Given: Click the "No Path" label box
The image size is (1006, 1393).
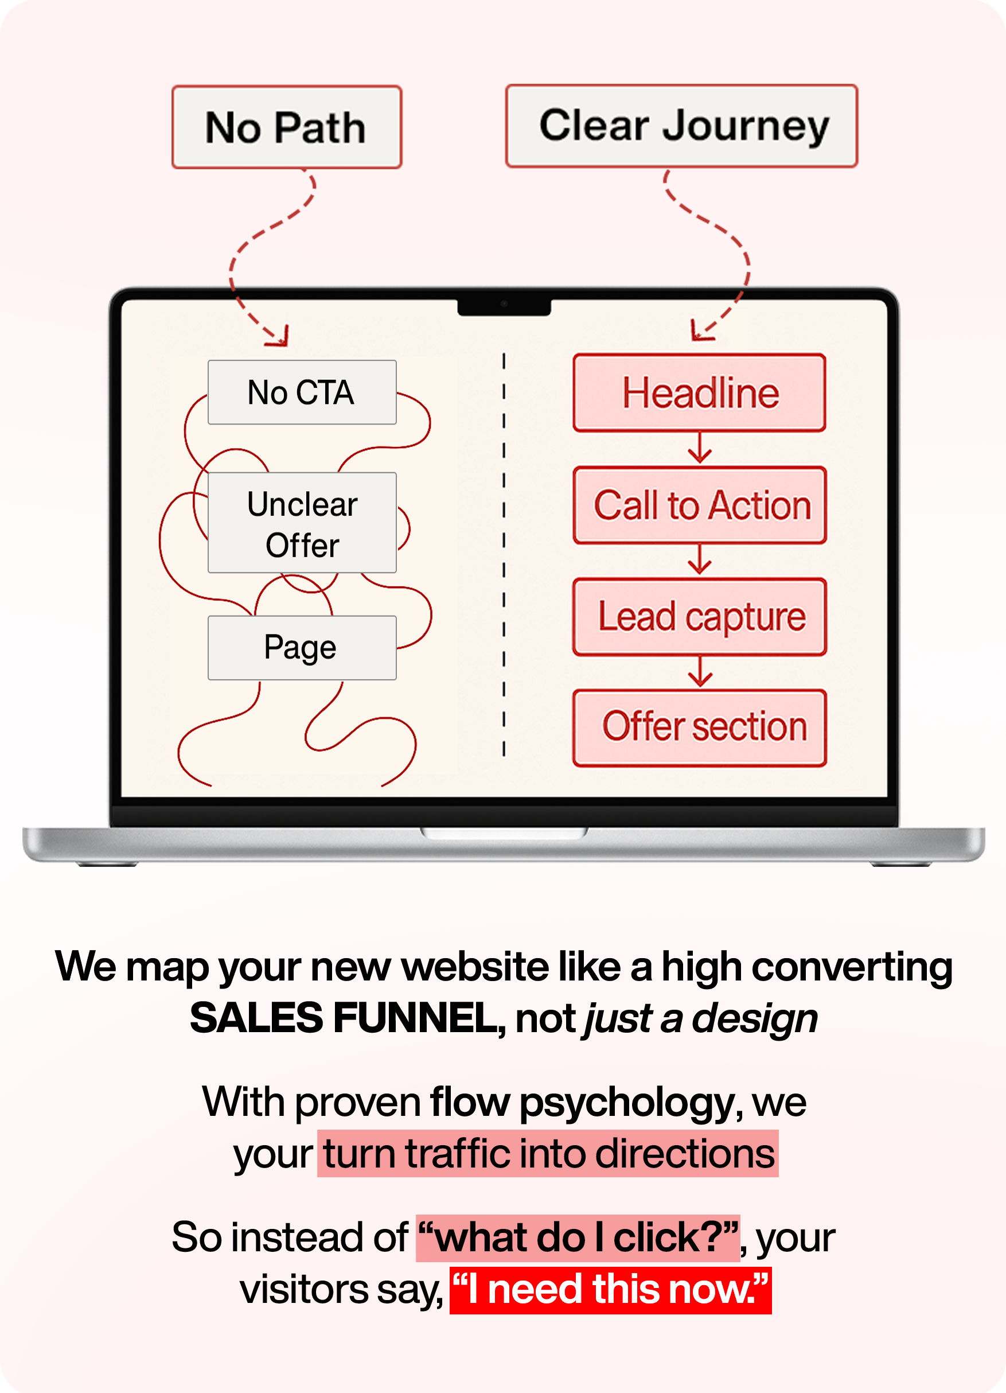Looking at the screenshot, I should [x=287, y=127].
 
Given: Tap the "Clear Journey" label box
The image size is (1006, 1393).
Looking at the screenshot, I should [x=681, y=126].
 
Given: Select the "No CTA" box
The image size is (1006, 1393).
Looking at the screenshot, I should [x=302, y=392].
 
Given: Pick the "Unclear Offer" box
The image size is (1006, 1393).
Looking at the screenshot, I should [x=302, y=523].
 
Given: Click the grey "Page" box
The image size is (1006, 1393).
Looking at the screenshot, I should [x=302, y=647].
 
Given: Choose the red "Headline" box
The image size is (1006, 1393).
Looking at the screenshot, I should [x=699, y=392].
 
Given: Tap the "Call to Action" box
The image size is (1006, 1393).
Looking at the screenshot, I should [x=700, y=505].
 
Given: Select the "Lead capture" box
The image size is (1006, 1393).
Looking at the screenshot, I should [x=700, y=617].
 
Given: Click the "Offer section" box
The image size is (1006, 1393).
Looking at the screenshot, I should [x=700, y=728].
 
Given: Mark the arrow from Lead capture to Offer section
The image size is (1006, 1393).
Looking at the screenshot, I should [x=700, y=672].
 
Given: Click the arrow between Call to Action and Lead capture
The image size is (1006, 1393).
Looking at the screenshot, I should [x=700, y=561].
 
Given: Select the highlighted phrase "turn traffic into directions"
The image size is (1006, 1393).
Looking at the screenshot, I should [x=548, y=1153].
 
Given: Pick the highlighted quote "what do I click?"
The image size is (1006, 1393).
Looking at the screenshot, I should [x=578, y=1237].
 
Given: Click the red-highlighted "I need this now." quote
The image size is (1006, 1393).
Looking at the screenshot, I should [x=610, y=1289].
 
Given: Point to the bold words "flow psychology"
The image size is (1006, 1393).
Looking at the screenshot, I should [x=582, y=1102].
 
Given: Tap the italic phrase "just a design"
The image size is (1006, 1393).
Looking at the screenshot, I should [x=700, y=1018].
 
